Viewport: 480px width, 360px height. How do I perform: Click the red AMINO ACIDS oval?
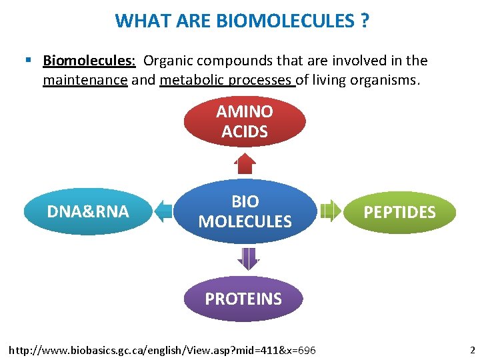pos(245,122)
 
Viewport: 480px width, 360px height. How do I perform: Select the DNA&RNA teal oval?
pos(88,212)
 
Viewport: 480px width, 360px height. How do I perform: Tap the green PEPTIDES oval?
pos(399,212)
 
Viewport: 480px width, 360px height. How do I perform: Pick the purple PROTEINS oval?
pos(243,299)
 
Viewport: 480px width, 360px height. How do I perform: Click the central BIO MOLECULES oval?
pos(245,211)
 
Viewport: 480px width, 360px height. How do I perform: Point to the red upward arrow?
pos(245,163)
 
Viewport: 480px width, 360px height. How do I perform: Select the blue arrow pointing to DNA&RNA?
pos(163,212)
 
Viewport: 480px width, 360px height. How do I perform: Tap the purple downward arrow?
pos(247,258)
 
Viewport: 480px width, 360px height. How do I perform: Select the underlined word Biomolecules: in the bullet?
pos(89,61)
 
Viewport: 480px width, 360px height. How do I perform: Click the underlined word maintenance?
pos(85,81)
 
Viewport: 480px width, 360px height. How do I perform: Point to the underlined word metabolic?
pos(192,81)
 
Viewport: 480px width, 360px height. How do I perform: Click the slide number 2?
pos(472,350)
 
